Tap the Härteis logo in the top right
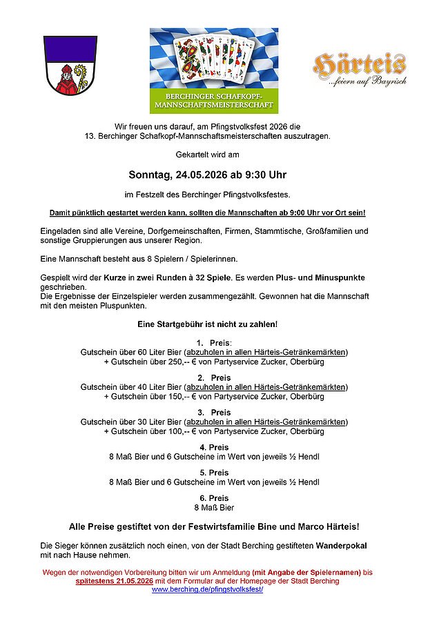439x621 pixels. (360, 68)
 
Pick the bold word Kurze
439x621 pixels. (128, 277)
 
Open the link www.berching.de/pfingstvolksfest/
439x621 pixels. (207, 590)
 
